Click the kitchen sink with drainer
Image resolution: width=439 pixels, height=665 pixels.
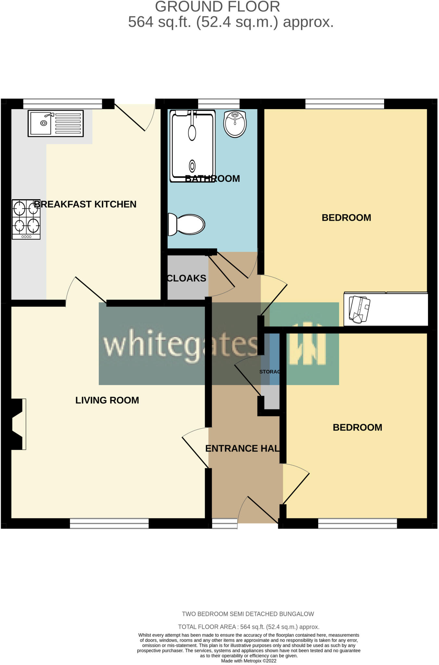pos(56,123)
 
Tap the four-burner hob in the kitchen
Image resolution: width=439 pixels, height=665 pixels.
pos(26,220)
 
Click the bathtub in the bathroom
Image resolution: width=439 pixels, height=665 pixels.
pos(193,145)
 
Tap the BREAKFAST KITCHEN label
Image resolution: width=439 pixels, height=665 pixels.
pos(85,204)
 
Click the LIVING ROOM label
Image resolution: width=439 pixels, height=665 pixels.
pos(107,400)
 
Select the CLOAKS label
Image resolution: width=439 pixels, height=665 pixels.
pos(187,278)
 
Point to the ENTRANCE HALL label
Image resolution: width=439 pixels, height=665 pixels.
pos(242,448)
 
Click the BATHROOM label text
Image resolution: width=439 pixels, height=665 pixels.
pos(212,179)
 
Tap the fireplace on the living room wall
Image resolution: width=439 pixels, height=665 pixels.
pos(18,424)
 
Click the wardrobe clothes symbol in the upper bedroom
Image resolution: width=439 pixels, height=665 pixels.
pos(359,309)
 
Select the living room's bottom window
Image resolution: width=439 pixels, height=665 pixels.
pos(109,523)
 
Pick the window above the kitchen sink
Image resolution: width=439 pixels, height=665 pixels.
pos(63,104)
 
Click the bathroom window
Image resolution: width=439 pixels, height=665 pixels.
pos(219,104)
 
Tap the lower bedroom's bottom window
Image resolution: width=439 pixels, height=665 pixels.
pos(357,523)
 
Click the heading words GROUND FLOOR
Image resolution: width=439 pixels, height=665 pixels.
pos(217,7)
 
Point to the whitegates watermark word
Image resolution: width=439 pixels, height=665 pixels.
pos(181,344)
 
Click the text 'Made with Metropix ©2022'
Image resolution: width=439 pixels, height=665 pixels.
pos(249,661)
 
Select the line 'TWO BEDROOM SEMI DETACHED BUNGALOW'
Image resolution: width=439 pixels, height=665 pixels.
pos(248,614)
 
